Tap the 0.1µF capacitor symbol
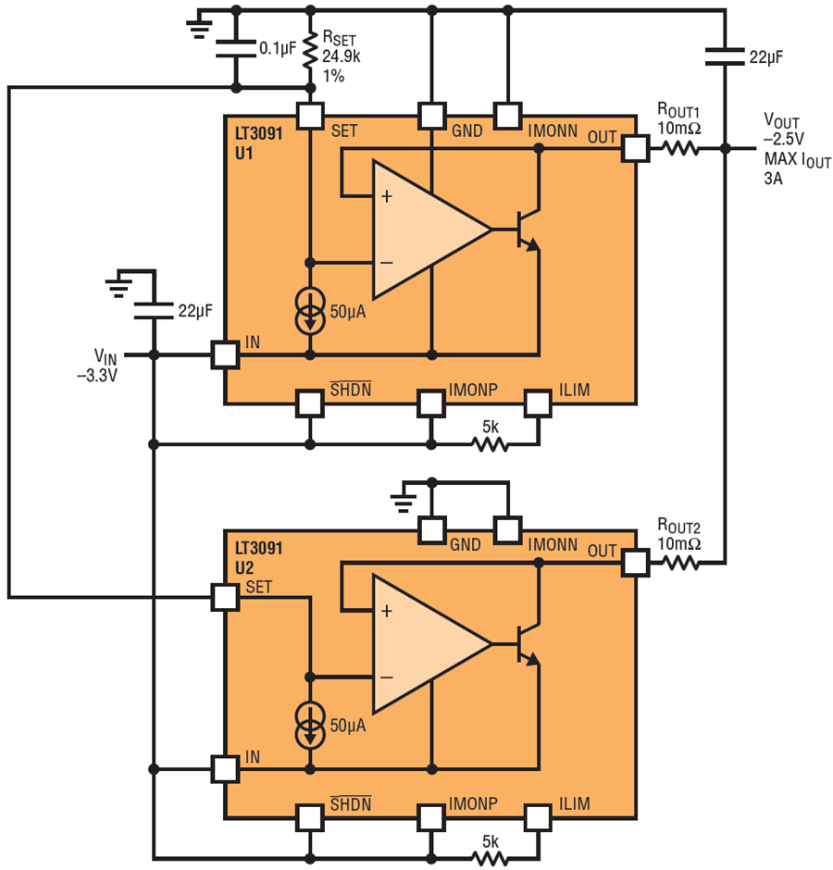[235, 48]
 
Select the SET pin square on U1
[309, 116]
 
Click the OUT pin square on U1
[635, 148]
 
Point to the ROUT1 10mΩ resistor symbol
[680, 148]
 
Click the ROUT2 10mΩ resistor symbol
[680, 562]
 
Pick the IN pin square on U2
[225, 768]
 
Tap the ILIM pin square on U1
[538, 404]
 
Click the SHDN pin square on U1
[309, 404]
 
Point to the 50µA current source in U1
[309, 310]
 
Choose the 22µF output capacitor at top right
[724, 56]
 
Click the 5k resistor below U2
[490, 858]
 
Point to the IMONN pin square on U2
[508, 529]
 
